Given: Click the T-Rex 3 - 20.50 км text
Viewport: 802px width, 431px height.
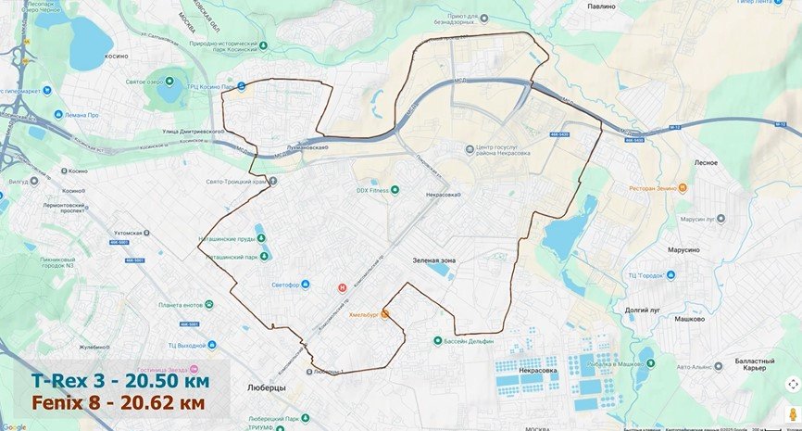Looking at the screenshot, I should click(120, 381).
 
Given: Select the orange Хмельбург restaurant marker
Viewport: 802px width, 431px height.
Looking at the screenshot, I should click(385, 314).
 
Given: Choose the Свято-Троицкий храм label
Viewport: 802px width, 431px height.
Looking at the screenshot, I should click(235, 182).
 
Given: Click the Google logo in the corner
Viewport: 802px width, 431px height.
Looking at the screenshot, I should click(14, 425).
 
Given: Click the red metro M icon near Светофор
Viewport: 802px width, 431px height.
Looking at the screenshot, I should click(343, 287).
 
